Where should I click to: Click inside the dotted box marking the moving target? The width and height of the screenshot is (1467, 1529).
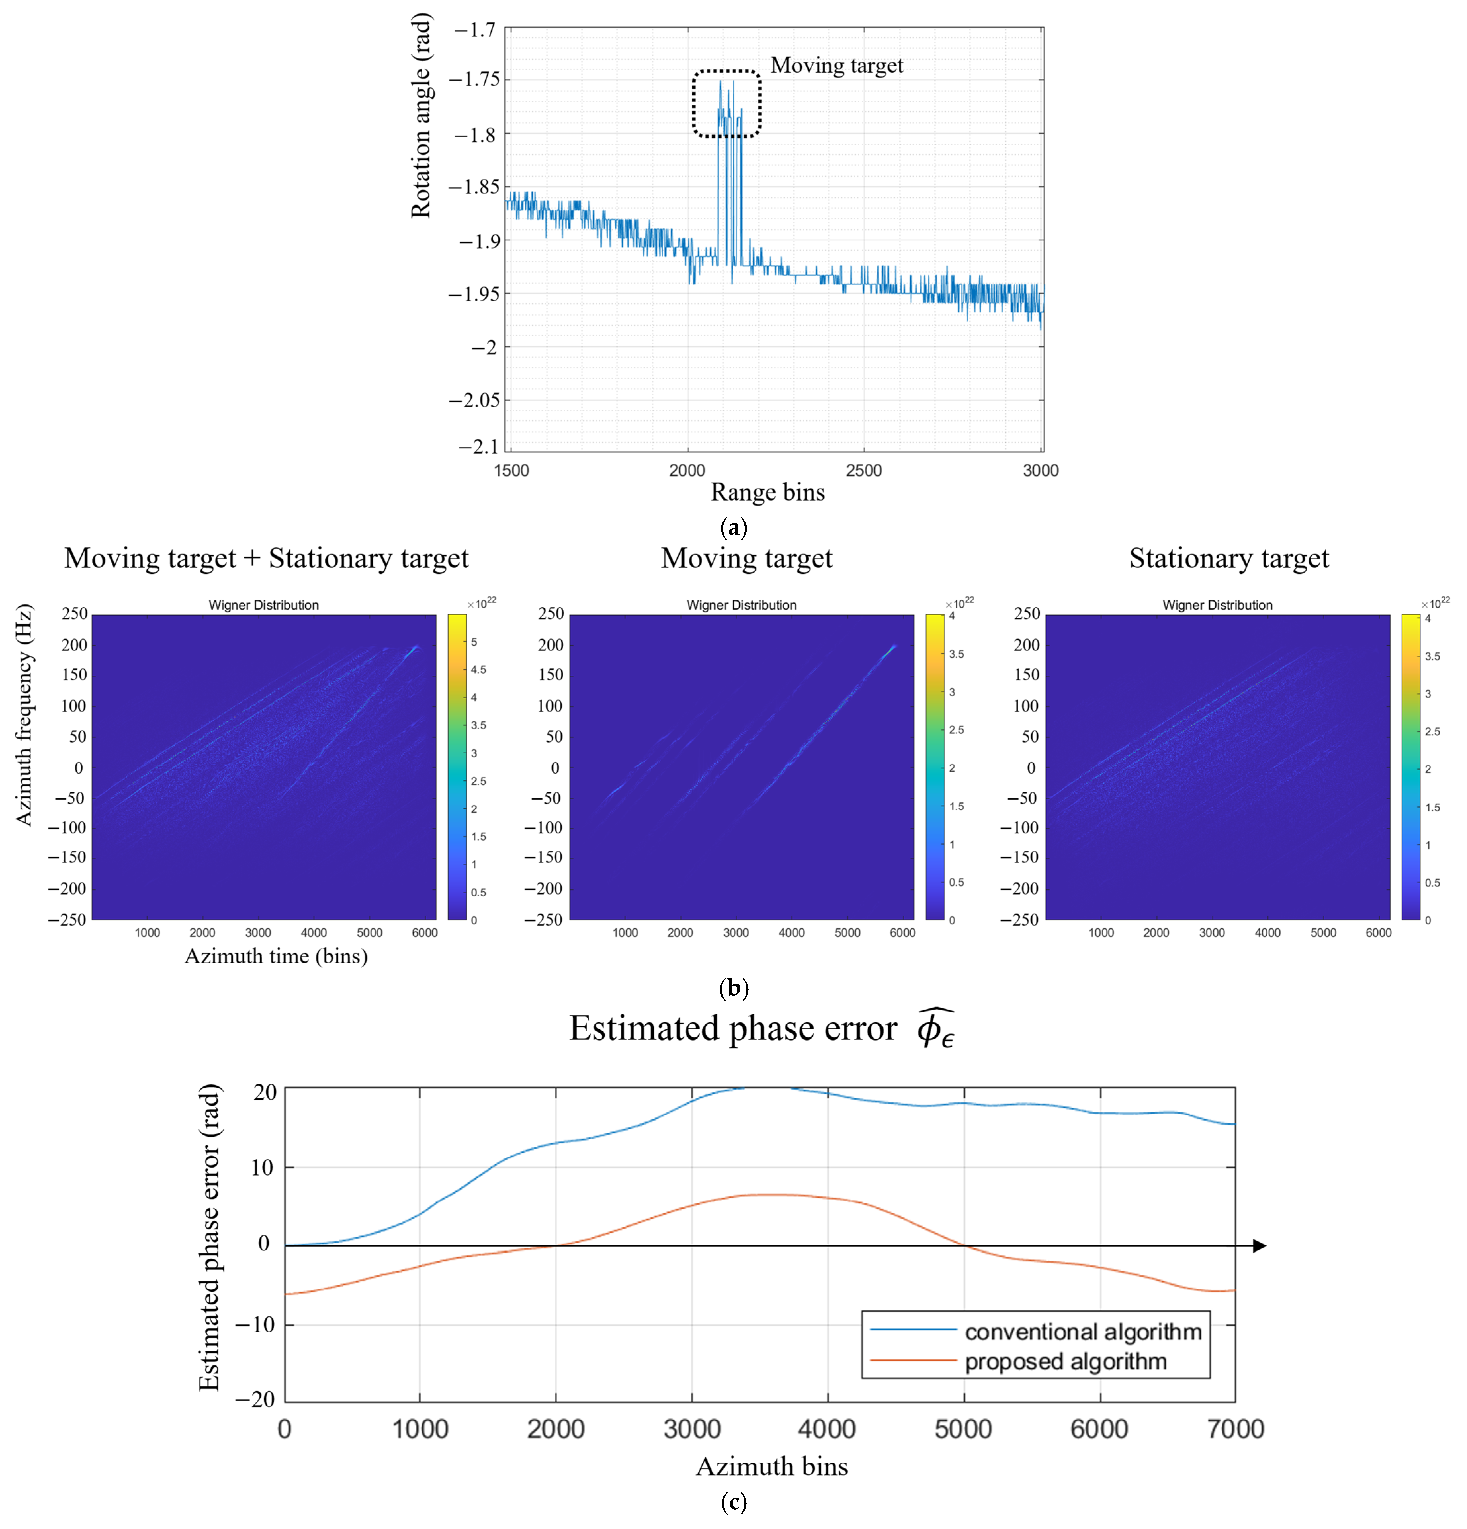(726, 104)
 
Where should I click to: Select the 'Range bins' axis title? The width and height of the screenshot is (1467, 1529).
(767, 492)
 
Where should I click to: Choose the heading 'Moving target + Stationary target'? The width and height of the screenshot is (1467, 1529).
(266, 558)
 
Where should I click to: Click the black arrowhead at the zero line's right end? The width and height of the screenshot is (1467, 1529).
(1259, 1246)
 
